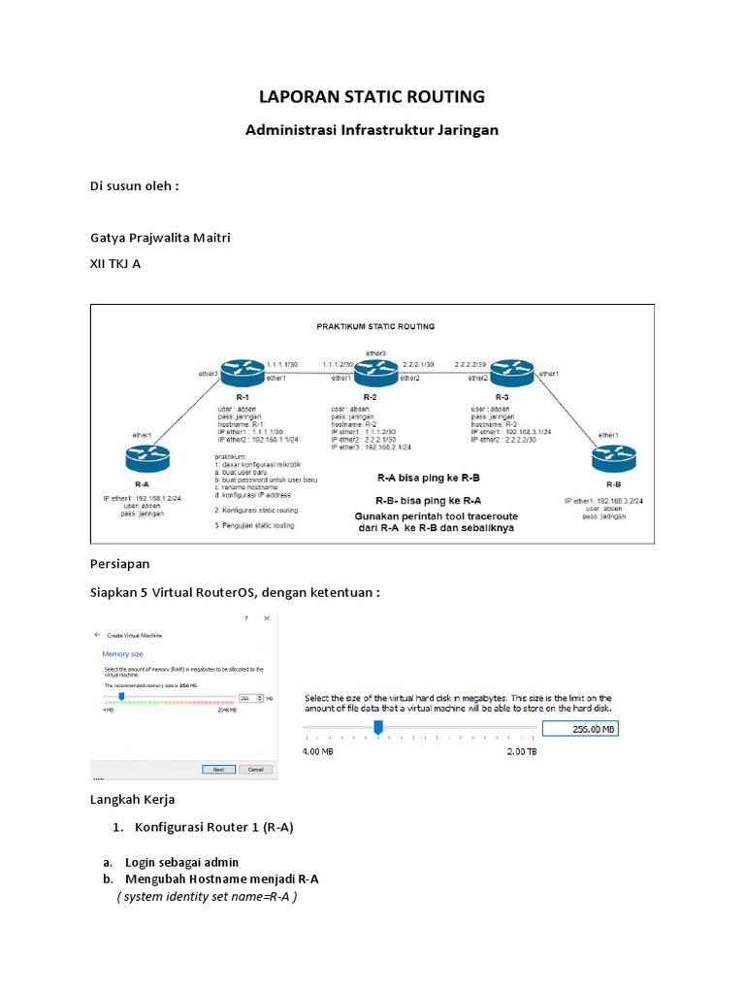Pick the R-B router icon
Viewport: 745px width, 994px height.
(613, 456)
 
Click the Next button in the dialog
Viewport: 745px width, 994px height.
(218, 769)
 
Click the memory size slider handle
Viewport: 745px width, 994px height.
(121, 696)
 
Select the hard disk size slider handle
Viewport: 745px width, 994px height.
(378, 727)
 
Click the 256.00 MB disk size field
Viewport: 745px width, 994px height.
(579, 729)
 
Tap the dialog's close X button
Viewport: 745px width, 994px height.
(266, 618)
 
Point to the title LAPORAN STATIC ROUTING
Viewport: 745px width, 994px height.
(372, 97)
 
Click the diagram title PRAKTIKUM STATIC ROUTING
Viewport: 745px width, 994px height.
(375, 326)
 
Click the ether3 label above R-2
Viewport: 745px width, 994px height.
(376, 351)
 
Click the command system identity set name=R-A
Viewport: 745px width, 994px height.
(207, 896)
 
